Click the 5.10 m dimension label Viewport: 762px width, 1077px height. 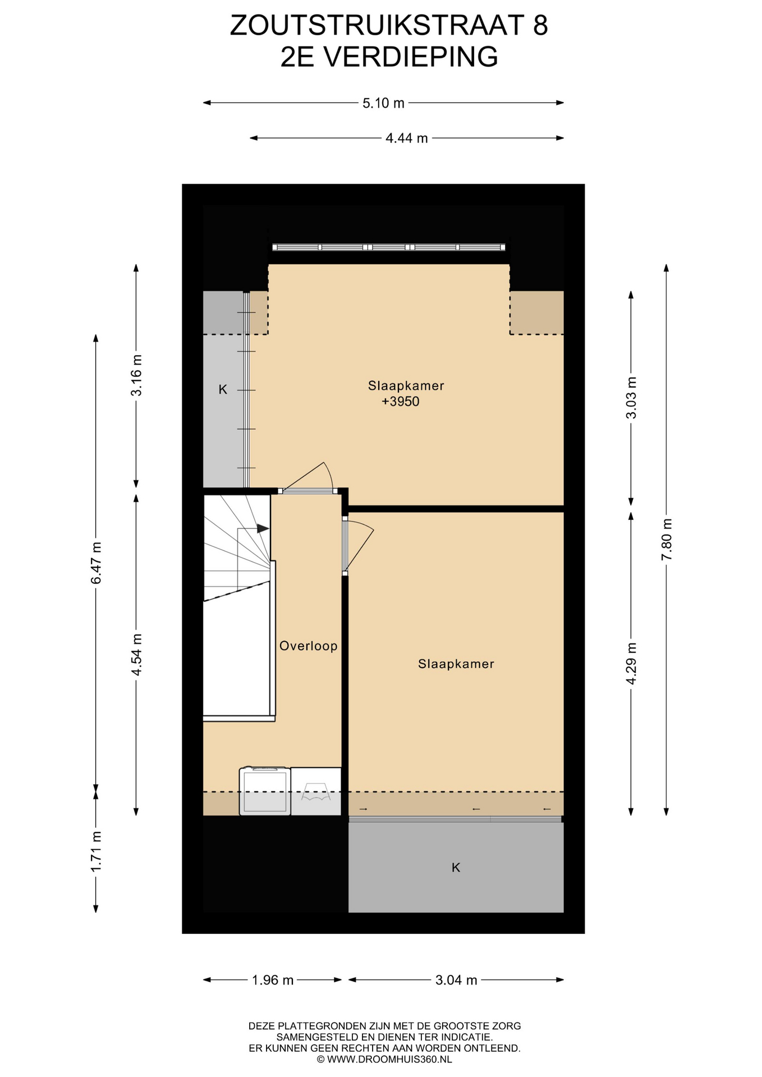pos(383,103)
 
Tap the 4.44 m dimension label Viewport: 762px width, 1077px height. pos(407,138)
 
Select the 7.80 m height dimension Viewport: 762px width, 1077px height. pos(667,539)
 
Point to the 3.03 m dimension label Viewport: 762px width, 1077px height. pos(631,397)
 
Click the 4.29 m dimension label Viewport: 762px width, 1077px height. pos(631,663)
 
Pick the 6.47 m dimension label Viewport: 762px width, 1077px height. pos(96,563)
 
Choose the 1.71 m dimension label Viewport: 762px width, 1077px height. pos(96,852)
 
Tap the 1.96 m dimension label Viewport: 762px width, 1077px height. pos(273,980)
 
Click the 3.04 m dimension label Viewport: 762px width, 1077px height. pos(456,980)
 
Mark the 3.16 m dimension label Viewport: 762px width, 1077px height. pos(136,375)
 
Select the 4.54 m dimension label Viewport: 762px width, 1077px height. pos(136,655)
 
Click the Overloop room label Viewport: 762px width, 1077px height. pos(309,646)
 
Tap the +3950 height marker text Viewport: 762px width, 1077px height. pos(401,402)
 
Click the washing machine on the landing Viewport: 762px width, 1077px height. pos(265,791)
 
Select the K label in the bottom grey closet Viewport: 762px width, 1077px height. pos(456,868)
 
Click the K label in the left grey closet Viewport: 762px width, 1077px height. pos(223,389)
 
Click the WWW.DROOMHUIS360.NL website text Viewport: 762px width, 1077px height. pos(389,1060)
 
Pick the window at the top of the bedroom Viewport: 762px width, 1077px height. pos(389,247)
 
